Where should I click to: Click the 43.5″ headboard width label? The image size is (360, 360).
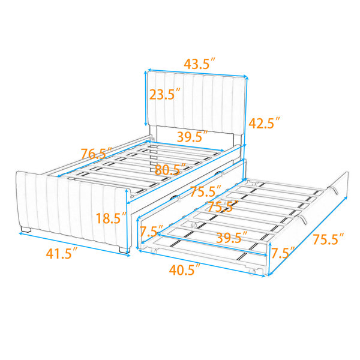tap(200, 64)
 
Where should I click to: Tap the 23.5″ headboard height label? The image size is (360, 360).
tap(164, 94)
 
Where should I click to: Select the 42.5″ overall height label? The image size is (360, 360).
tap(264, 123)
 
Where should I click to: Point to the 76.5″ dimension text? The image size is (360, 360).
tap(97, 154)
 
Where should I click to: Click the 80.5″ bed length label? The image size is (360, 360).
tap(170, 169)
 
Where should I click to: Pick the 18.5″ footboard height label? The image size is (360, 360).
tap(111, 218)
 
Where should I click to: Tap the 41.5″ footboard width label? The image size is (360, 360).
tap(62, 253)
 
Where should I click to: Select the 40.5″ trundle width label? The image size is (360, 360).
tap(185, 269)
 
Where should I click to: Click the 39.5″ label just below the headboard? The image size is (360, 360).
tap(193, 136)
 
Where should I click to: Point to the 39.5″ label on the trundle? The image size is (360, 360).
tap(232, 238)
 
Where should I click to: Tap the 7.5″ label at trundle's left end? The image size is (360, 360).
tap(151, 231)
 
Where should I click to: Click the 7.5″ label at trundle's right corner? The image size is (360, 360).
tap(283, 253)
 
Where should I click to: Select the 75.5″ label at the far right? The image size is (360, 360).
tap(329, 239)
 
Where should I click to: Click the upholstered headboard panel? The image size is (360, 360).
tap(197, 102)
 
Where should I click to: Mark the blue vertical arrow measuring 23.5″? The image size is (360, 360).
tap(145, 98)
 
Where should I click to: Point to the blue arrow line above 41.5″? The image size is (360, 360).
tap(74, 244)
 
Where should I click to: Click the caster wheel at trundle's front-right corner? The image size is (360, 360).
tap(252, 272)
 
